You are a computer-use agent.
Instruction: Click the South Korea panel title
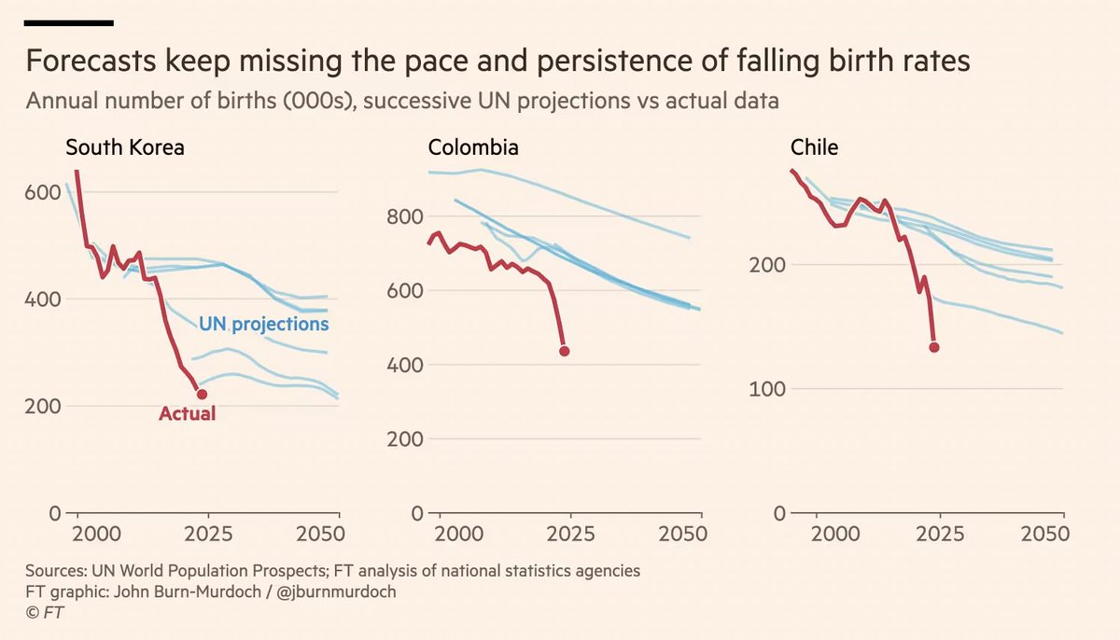(124, 147)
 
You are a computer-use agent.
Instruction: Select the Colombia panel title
(473, 147)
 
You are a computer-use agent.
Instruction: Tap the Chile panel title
(814, 147)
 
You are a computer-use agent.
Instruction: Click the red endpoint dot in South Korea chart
(202, 395)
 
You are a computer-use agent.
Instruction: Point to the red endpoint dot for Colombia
(564, 352)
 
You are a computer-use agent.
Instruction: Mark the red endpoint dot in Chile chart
(933, 347)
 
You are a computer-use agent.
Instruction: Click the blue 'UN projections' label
(264, 324)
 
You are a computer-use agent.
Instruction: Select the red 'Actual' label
(187, 413)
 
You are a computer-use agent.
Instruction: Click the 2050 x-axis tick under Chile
(1043, 535)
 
